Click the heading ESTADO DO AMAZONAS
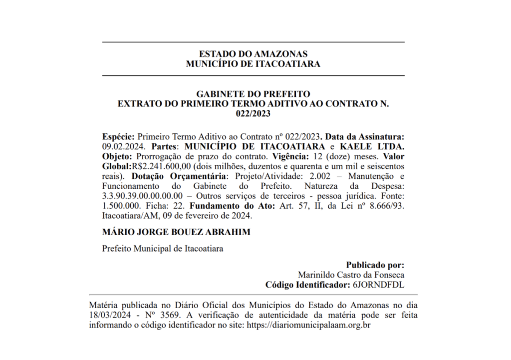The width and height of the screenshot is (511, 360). point(253,54)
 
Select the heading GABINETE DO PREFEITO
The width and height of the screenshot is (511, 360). point(253,94)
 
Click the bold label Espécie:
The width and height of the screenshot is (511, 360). point(118,136)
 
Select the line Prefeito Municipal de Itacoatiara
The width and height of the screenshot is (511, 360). point(163,248)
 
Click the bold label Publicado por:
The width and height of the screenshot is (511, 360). point(375,265)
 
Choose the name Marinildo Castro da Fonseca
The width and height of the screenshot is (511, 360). point(351,275)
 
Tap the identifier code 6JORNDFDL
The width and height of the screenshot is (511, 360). point(378,285)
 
